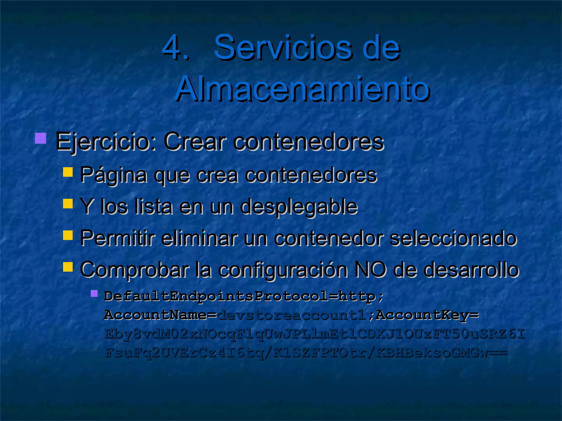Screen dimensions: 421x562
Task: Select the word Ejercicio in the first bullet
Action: (106, 142)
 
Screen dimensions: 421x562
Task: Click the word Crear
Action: (195, 142)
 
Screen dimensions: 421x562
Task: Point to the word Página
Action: (114, 175)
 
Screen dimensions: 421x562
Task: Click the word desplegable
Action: (299, 206)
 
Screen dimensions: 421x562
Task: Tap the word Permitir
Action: (118, 238)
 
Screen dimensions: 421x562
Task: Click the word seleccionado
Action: (453, 238)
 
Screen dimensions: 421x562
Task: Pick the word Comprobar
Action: (135, 270)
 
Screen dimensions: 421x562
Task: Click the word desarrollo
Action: (470, 270)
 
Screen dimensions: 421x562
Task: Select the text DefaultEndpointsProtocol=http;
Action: (244, 297)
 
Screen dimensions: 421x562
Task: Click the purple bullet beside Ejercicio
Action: (41, 138)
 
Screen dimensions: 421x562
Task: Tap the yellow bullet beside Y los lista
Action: (68, 204)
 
